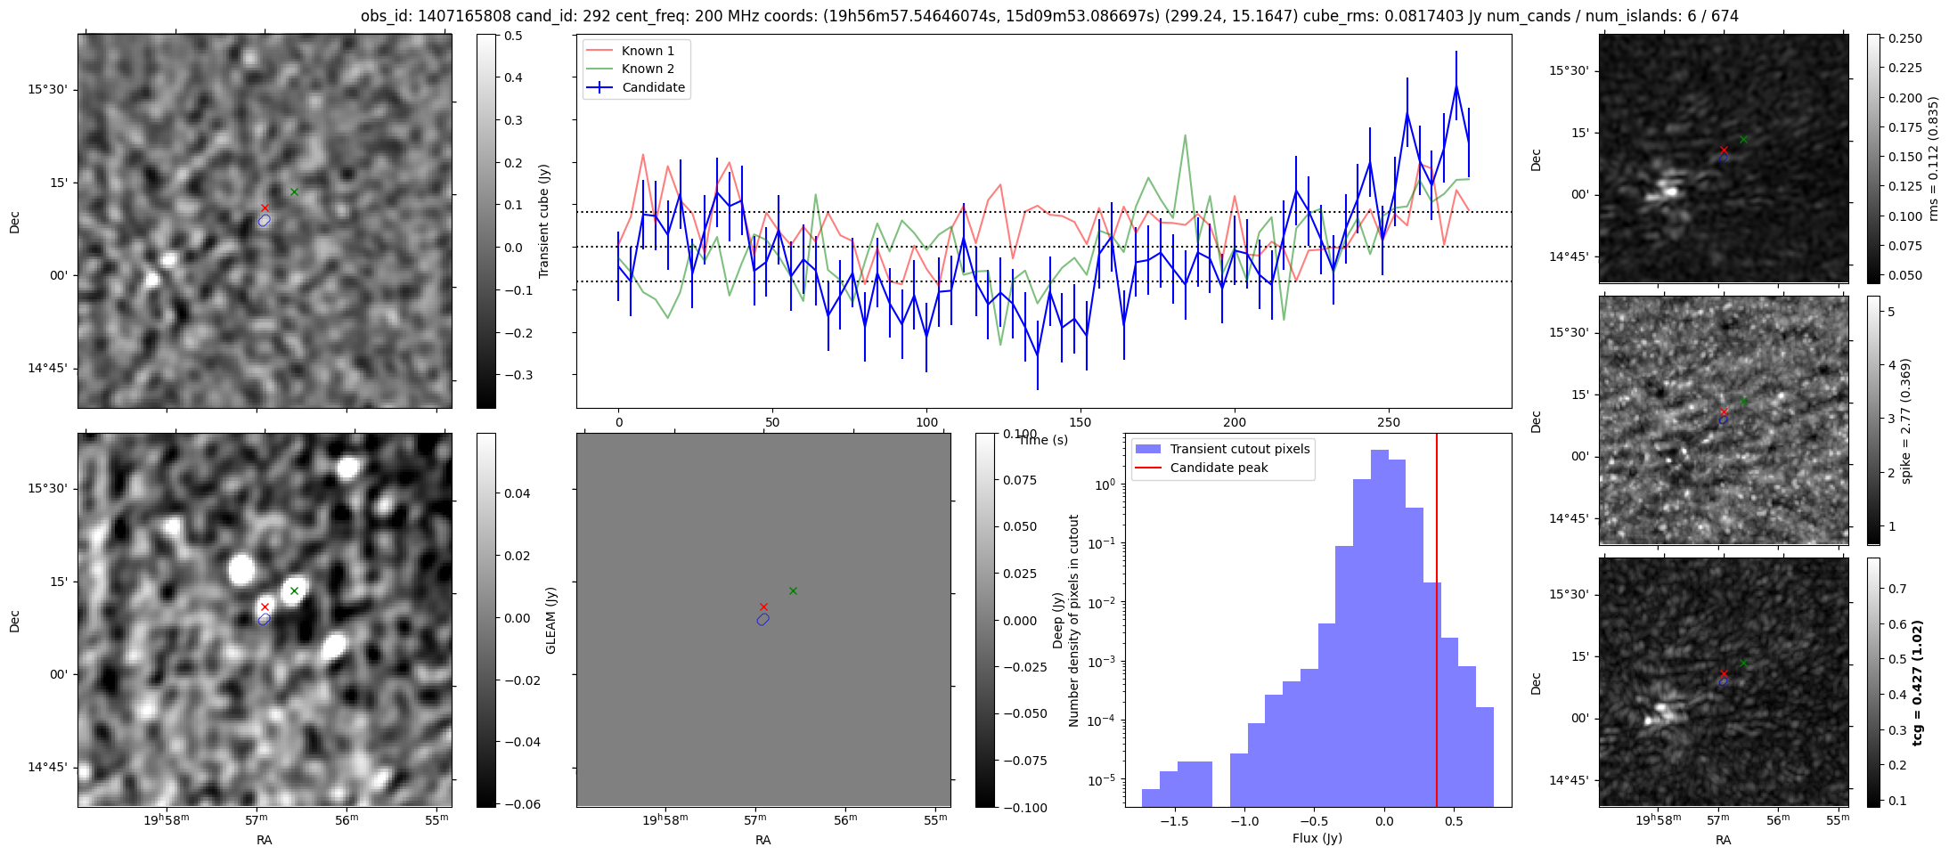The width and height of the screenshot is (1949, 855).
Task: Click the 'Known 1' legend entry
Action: tap(648, 51)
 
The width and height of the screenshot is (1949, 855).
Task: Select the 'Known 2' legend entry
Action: tap(648, 69)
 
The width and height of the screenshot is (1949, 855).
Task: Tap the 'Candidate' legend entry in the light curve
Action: tap(653, 87)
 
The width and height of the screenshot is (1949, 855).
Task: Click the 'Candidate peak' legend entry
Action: tap(1219, 468)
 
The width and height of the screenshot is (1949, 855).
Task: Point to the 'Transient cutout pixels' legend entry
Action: tap(1239, 449)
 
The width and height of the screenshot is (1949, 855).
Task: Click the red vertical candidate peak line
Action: tap(1437, 623)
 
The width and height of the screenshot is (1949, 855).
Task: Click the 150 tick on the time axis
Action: tap(1081, 422)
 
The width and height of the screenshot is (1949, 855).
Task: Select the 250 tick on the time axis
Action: tap(1389, 422)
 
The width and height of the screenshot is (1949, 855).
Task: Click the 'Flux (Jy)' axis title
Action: tap(1317, 838)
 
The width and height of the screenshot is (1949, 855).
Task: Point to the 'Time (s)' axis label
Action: tap(1043, 440)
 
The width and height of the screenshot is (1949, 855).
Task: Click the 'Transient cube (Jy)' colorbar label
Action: tap(544, 221)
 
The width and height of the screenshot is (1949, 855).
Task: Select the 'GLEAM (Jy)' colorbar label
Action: tap(550, 621)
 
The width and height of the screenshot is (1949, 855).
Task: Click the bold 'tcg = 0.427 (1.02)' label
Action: tap(1918, 683)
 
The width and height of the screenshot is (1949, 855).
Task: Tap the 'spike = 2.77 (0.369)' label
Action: tap(1906, 420)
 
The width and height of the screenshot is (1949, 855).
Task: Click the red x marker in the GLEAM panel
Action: tap(763, 607)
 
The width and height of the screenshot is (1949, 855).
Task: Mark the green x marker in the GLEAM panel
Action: tap(793, 590)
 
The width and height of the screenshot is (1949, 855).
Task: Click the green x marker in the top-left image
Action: tap(294, 191)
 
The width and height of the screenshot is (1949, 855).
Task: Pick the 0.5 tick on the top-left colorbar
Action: tap(514, 36)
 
